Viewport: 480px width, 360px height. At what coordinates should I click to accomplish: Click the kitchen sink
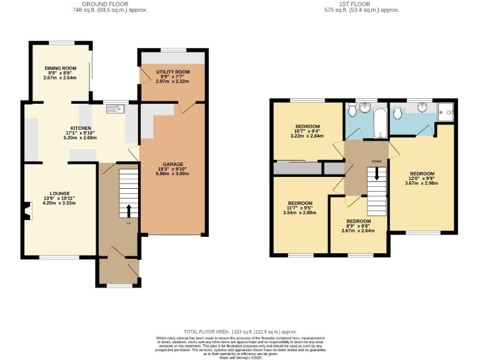click(x=116, y=109)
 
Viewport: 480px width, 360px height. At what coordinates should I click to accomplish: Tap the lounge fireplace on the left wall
click(x=26, y=211)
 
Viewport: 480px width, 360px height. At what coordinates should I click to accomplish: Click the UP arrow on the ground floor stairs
click(x=129, y=211)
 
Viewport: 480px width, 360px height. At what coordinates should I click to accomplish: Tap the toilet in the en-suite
click(x=398, y=112)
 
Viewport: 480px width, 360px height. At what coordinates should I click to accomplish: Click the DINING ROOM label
click(x=59, y=67)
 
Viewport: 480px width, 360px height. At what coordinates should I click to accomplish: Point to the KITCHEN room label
click(x=81, y=127)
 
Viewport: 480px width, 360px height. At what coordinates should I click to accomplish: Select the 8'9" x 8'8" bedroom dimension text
click(x=358, y=226)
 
